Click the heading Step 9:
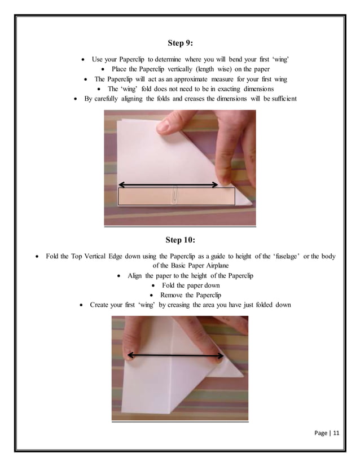[x=180, y=43]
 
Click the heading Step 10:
[x=180, y=240]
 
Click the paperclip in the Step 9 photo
[x=175, y=195]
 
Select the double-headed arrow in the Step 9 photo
[x=168, y=184]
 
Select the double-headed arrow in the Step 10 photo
[x=175, y=355]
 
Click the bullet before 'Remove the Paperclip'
[x=153, y=295]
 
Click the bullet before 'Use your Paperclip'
[x=84, y=59]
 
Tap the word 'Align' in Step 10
[x=135, y=276]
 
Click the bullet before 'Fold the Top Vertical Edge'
[x=38, y=256]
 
